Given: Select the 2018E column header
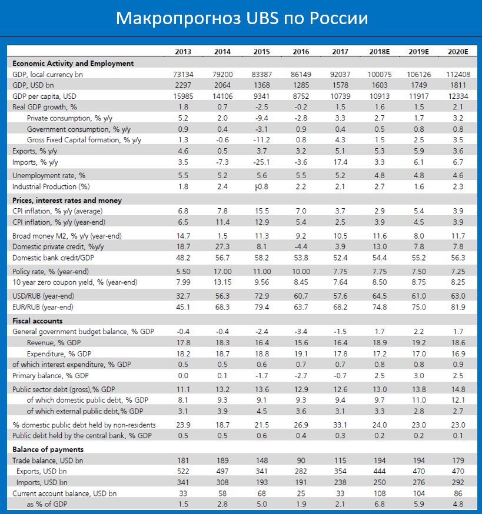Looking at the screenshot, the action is click(x=379, y=52).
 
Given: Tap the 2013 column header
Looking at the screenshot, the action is click(x=183, y=52).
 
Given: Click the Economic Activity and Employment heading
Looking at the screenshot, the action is click(x=73, y=64).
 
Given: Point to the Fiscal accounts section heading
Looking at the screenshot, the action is click(x=38, y=321).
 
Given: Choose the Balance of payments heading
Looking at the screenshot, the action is click(x=48, y=449).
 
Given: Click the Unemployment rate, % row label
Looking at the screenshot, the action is click(x=49, y=176).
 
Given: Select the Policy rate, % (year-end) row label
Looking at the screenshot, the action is click(x=51, y=272).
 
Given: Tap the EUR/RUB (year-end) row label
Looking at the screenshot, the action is click(x=42, y=307).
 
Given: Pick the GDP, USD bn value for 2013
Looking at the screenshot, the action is click(x=183, y=85).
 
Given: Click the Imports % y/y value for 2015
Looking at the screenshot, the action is click(x=261, y=162).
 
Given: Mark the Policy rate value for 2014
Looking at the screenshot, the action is click(x=222, y=272).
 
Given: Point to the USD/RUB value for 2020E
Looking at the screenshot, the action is click(x=458, y=296).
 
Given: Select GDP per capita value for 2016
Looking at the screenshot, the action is click(x=301, y=96).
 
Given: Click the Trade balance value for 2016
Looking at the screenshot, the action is click(x=301, y=460).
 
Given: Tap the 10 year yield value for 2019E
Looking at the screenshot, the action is click(x=418, y=282).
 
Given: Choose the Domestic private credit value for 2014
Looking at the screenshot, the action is click(x=222, y=247).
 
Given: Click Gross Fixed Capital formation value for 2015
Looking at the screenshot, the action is click(x=261, y=140).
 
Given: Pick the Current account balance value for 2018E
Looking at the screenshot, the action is click(x=379, y=493).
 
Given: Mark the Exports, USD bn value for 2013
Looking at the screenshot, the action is click(x=183, y=472).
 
